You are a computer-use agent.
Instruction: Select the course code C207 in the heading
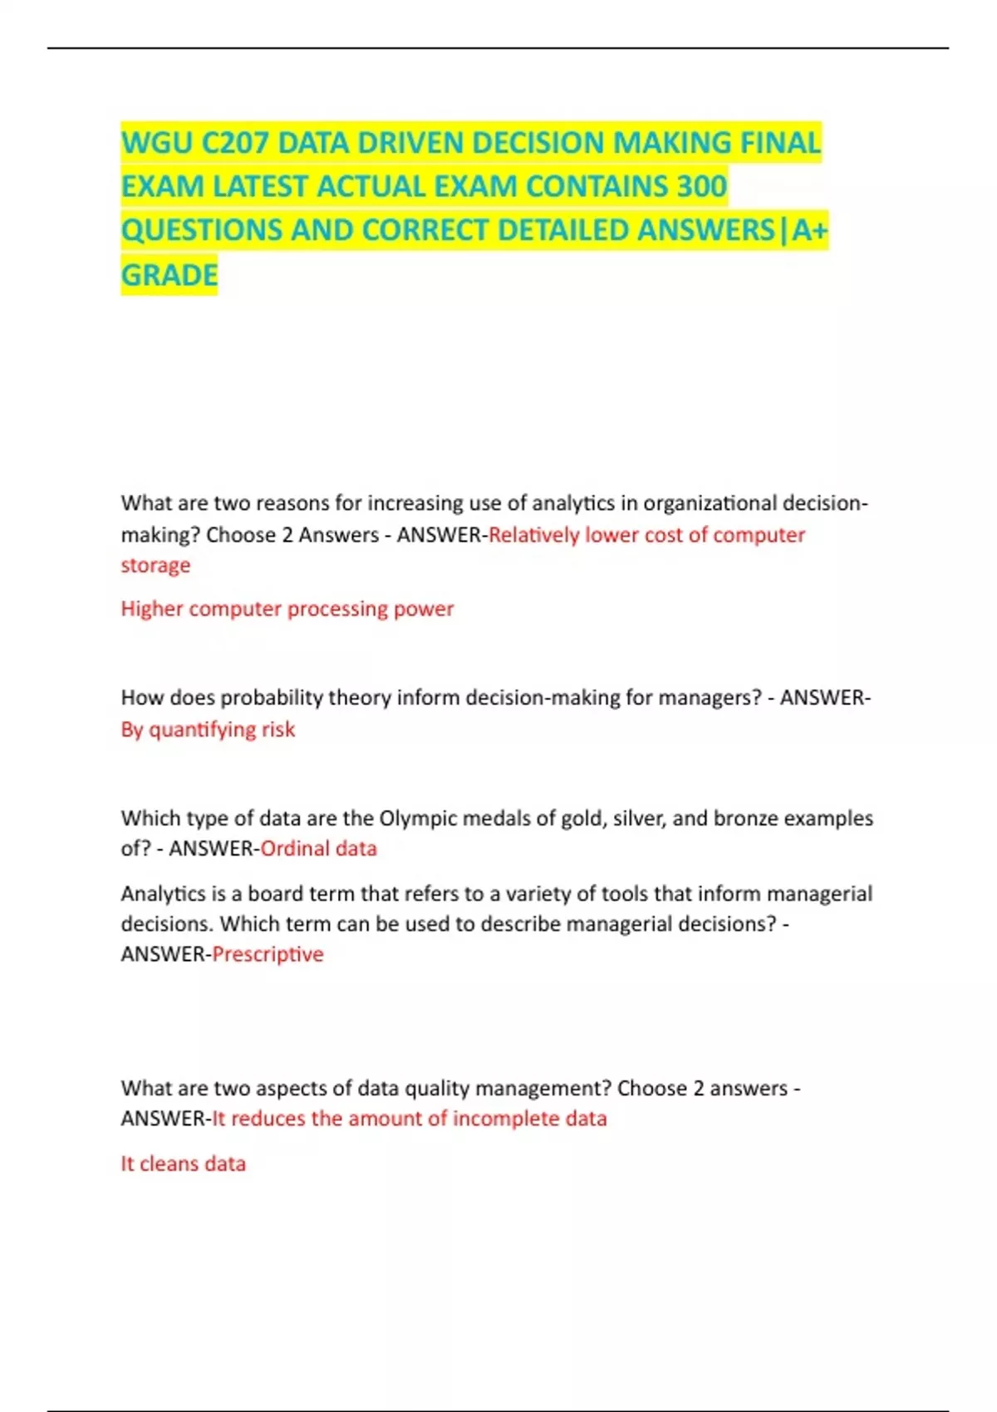235,143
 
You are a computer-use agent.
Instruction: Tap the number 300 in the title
701,186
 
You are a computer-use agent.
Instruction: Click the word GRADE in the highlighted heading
169,275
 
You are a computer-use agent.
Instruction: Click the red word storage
155,565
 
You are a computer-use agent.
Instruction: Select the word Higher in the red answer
151,609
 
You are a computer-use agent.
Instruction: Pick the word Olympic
418,818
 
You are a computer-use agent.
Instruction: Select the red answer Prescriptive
268,954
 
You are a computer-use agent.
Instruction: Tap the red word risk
278,729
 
